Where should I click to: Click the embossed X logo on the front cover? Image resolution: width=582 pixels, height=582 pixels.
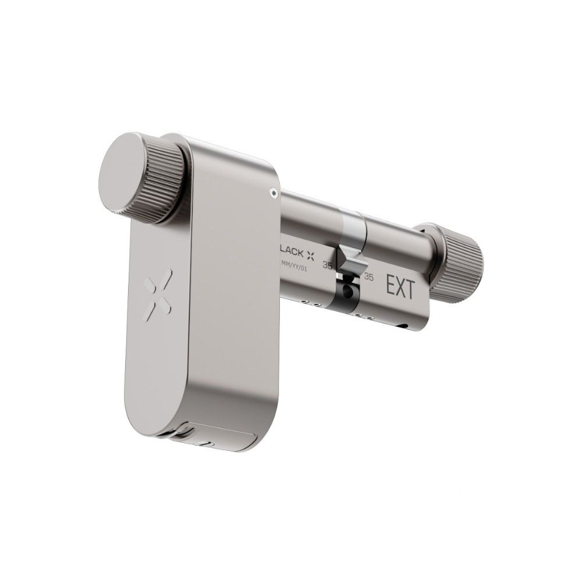(156, 299)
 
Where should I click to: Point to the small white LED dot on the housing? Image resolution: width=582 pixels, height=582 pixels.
(272, 190)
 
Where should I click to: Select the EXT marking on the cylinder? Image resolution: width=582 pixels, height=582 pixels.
(400, 288)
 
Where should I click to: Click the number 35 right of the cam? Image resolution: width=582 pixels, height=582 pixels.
(368, 278)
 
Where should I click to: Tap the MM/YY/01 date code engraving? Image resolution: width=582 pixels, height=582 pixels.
(299, 265)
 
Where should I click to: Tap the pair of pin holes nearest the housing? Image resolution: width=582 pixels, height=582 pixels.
(308, 302)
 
